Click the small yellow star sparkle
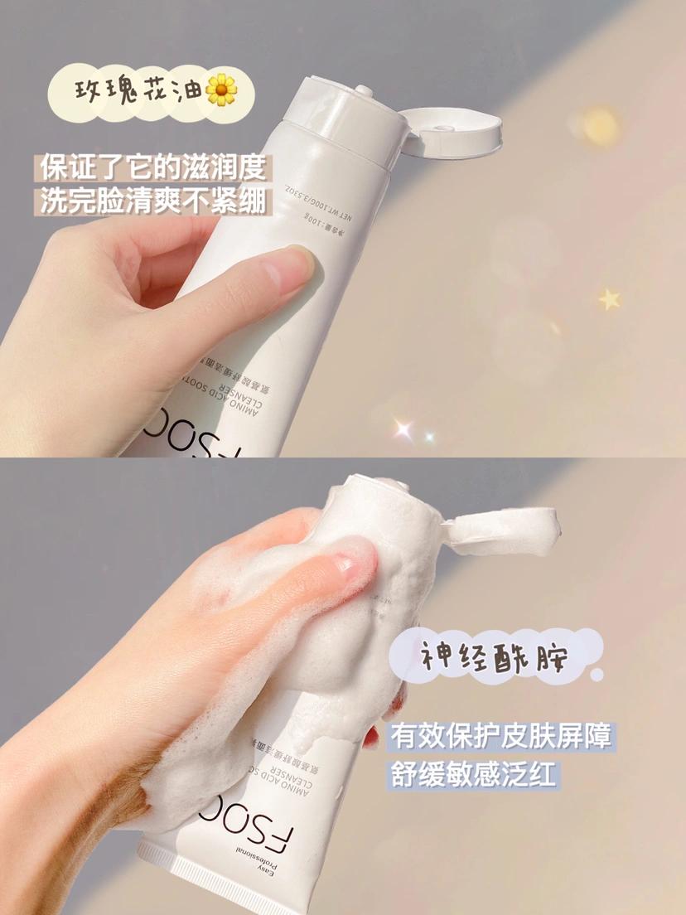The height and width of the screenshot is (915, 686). click(x=610, y=298)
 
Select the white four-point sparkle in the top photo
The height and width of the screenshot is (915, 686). click(x=403, y=428)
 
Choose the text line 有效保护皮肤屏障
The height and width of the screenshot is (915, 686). click(x=504, y=736)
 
